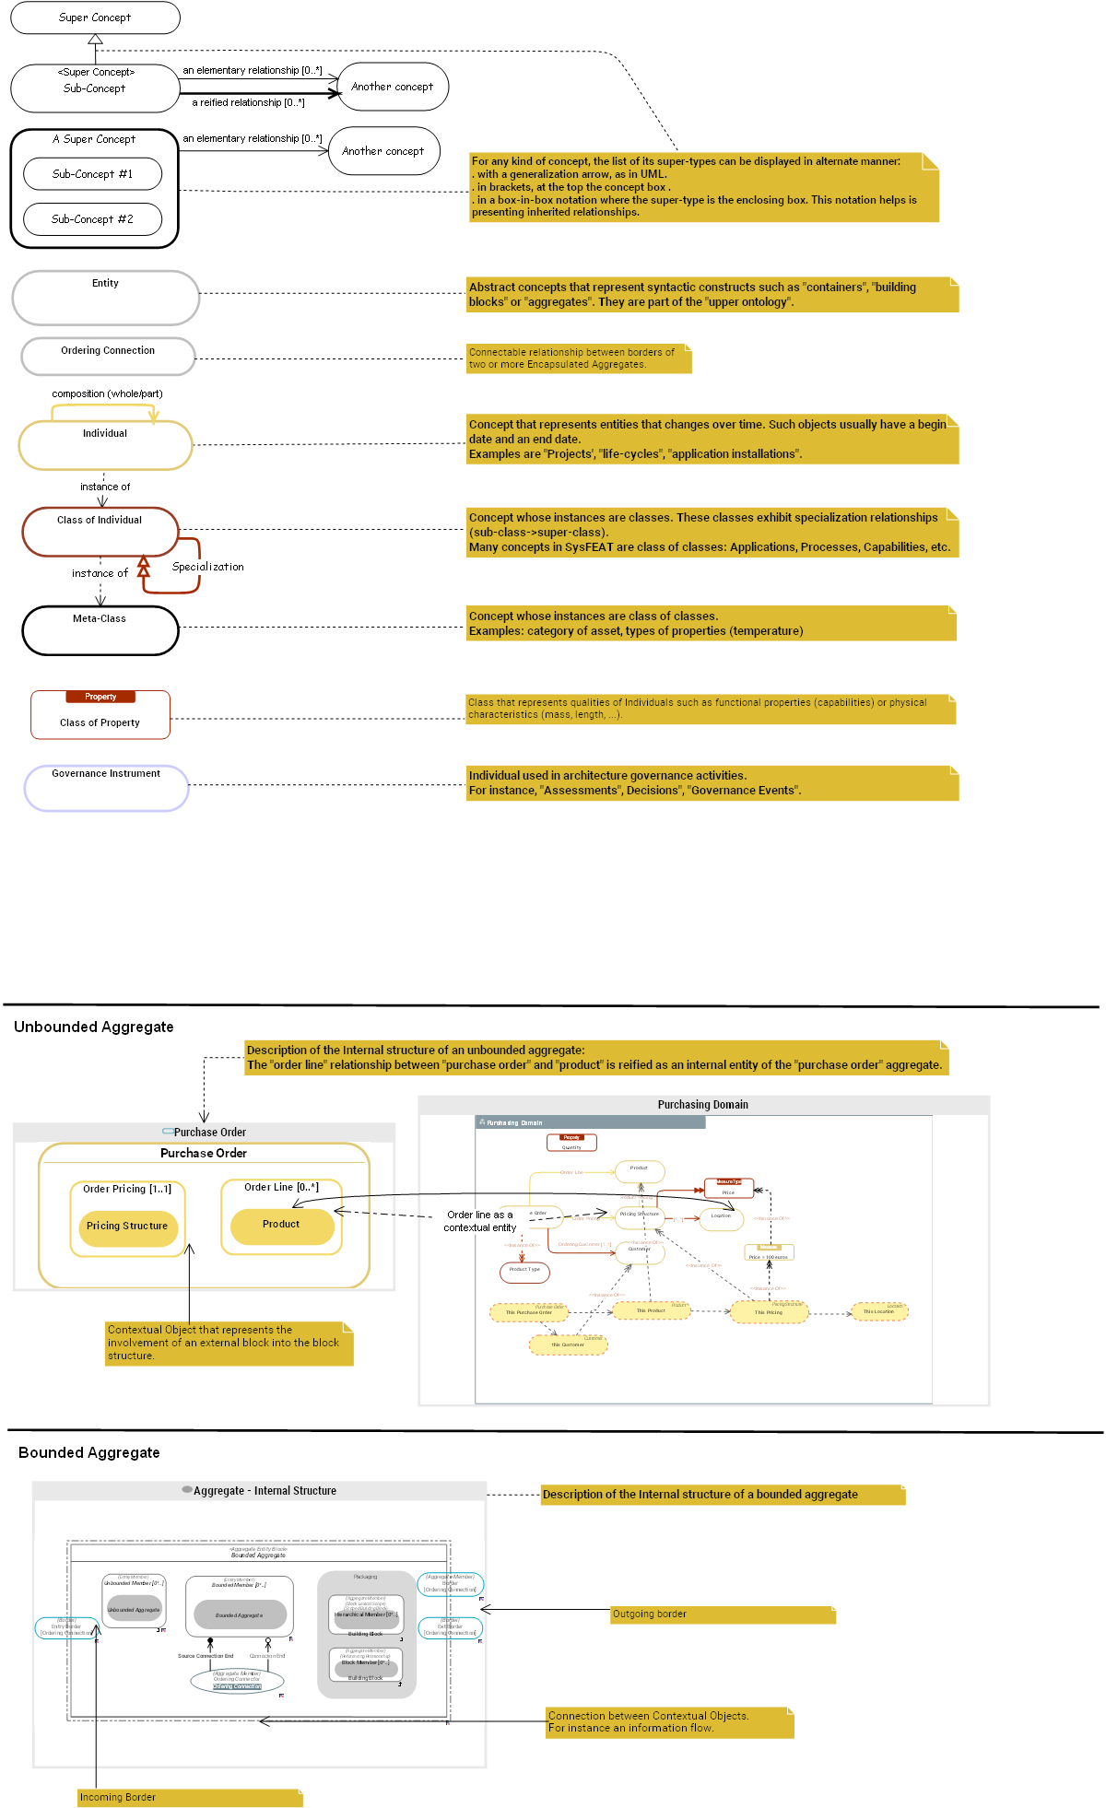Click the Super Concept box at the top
coord(95,18)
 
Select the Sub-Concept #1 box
coord(92,174)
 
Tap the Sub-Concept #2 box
coord(92,219)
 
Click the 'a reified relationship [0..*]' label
coord(248,102)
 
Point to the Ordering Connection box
coord(108,356)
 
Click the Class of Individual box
coord(100,532)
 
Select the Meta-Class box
coord(100,630)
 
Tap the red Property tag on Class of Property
coord(100,697)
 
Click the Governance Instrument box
coord(106,788)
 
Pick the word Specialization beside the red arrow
coord(208,567)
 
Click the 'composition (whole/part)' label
coord(107,393)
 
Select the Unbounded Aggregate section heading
coord(93,1027)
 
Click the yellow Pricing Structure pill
coord(127,1227)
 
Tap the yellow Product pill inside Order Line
coord(281,1225)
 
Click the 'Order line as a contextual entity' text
coord(479,1221)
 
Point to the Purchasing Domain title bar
coord(702,1105)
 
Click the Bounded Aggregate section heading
coord(88,1452)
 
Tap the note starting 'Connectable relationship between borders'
coord(578,358)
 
